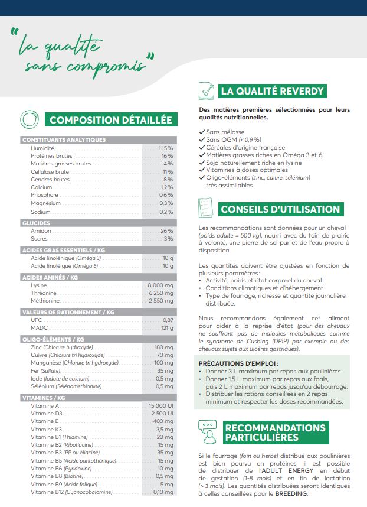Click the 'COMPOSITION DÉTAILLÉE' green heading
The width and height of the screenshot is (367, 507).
pos(111,120)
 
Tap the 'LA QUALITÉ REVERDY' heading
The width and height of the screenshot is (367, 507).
pos(271,91)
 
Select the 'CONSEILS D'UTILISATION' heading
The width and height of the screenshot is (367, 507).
pos(280,209)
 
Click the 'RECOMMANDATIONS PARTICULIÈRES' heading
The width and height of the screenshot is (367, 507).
pos(275,432)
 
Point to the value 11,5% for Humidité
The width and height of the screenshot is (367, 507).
pos(165,148)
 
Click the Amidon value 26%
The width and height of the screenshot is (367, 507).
pos(166,231)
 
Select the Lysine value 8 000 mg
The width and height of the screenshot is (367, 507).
pos(160,285)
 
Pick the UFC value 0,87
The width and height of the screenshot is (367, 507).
pos(168,320)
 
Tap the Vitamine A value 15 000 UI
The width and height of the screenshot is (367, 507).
pos(160,406)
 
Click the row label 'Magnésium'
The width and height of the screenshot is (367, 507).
pos(45,203)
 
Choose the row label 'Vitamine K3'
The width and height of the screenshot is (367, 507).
pos(44,430)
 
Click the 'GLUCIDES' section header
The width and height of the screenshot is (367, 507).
pos(36,223)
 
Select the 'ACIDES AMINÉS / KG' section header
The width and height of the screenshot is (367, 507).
pos(50,277)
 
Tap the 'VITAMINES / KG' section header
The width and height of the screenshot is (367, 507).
pos(44,398)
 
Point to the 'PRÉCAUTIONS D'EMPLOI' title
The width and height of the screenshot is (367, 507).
pos(238,363)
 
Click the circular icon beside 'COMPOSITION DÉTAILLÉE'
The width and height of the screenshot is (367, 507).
pos(30,119)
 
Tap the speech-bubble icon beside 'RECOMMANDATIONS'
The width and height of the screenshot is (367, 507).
pos(207,431)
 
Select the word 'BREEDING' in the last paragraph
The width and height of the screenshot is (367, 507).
pos(289,494)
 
